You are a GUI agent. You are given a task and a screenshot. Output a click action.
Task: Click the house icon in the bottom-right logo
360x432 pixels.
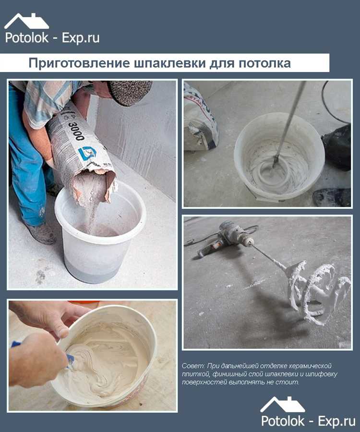(x=282, y=404)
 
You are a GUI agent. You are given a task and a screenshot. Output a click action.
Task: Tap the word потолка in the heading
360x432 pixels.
(x=263, y=63)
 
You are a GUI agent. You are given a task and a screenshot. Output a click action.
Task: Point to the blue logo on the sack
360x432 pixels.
(x=87, y=153)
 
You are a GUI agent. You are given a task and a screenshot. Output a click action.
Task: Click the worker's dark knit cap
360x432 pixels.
(x=129, y=91)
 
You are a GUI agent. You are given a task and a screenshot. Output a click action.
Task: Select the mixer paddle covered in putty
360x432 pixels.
(x=317, y=290)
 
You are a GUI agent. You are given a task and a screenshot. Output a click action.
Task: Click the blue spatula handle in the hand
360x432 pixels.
(x=17, y=344)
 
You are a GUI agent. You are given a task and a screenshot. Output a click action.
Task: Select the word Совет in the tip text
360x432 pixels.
(x=192, y=366)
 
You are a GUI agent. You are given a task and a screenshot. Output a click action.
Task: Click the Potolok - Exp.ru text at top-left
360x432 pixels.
(x=52, y=38)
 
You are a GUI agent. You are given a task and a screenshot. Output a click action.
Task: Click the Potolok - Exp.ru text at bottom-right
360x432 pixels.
(x=308, y=421)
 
